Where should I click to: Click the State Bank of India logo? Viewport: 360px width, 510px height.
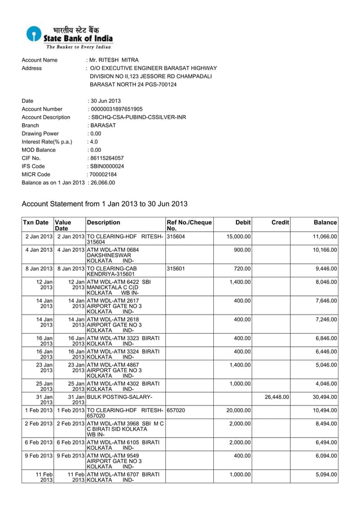69,37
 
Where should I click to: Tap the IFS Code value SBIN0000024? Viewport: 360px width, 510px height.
107,167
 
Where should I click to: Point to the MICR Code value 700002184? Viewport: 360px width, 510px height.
104,175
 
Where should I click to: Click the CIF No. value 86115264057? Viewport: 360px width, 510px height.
107,158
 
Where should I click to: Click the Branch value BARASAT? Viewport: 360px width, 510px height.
103,125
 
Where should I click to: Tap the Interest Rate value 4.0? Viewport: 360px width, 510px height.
94,142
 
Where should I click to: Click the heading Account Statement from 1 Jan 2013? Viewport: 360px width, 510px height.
104,203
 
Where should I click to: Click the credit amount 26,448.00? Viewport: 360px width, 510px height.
276,397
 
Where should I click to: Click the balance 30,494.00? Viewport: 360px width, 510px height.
324,397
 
